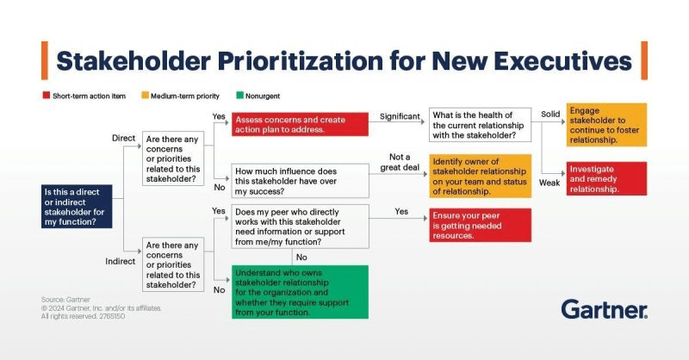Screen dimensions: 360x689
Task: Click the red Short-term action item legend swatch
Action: (46, 96)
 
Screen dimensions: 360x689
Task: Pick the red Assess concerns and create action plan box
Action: (299, 124)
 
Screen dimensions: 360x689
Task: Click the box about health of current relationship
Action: (479, 124)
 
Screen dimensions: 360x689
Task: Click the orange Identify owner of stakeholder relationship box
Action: (479, 177)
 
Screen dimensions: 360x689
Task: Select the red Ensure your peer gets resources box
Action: (479, 224)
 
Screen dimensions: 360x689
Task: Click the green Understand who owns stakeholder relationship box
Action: (299, 292)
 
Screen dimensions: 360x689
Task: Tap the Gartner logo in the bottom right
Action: (604, 309)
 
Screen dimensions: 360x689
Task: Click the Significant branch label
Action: (400, 116)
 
